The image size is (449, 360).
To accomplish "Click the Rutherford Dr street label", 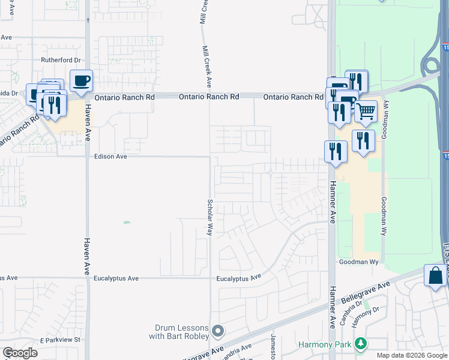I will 60,60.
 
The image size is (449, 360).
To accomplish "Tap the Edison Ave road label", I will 111,157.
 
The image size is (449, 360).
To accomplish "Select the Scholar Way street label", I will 210,217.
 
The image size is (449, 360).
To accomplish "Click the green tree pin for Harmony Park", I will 360,344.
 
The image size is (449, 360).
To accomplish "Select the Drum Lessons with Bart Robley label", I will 181,332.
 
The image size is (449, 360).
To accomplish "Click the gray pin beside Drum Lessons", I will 218,331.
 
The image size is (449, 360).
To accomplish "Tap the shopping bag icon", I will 435,276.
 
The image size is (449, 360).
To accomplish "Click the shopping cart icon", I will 366,111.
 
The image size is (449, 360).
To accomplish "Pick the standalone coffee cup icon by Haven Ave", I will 81,80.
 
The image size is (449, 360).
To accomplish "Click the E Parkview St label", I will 60,340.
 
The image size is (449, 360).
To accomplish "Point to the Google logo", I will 20,353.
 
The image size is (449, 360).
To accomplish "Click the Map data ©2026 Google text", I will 412,355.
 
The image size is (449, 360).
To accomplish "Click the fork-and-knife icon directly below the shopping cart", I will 363,141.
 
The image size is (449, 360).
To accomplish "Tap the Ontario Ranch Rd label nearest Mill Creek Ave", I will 209,97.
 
